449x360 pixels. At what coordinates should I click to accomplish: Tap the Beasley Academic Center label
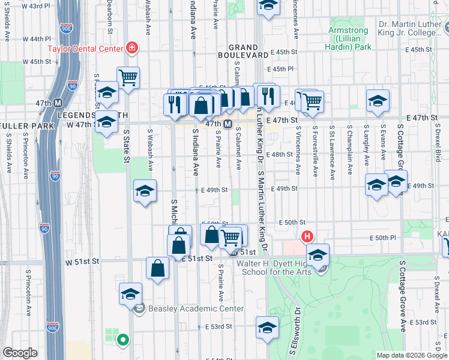(196, 309)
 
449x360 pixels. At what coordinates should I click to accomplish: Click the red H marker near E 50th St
(308, 236)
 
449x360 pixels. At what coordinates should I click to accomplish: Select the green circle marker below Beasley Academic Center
(123, 340)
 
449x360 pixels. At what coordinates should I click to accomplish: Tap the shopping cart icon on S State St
(128, 77)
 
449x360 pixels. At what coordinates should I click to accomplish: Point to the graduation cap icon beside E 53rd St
(267, 327)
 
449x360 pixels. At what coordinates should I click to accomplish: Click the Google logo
(20, 353)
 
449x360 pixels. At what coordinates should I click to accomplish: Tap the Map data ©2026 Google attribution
(412, 355)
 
